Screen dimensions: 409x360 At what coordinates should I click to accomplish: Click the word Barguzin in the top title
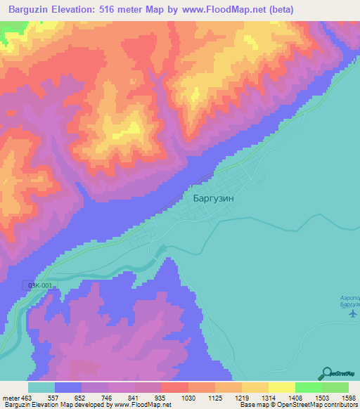click(x=29, y=9)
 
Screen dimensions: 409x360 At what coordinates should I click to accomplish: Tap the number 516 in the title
click(x=117, y=9)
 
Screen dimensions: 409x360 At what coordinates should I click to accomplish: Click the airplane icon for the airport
click(x=352, y=313)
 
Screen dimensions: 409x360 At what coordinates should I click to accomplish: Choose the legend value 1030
click(x=188, y=397)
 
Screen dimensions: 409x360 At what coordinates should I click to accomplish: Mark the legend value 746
click(x=108, y=397)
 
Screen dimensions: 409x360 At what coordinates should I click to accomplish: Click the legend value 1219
click(x=241, y=397)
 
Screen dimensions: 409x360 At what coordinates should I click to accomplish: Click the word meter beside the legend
click(x=11, y=397)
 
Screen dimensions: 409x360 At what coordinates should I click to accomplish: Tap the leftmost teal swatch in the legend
click(x=41, y=387)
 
